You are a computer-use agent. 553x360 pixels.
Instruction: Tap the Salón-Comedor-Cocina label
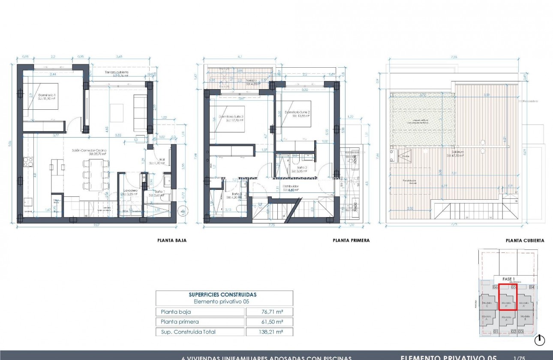coord(90,150)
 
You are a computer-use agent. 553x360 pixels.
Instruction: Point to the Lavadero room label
coord(130,190)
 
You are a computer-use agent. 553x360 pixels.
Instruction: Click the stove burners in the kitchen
coord(28,162)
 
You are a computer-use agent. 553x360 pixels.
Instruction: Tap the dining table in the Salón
coord(96,174)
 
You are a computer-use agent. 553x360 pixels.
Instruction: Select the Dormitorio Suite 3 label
coord(231,117)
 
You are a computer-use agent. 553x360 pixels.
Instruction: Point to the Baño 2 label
coord(302,168)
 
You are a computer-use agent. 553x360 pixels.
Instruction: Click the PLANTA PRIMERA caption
coord(351,240)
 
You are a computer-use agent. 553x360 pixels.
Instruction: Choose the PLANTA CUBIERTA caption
coord(525,240)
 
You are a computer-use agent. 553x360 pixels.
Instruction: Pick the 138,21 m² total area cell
coord(269,332)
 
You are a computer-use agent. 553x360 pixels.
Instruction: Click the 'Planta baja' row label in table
coord(176,312)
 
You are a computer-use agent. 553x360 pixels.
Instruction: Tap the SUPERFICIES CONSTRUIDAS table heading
coord(222,294)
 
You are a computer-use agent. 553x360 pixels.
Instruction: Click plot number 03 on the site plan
coord(520,331)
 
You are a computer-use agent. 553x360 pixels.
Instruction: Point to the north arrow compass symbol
coord(540,340)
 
